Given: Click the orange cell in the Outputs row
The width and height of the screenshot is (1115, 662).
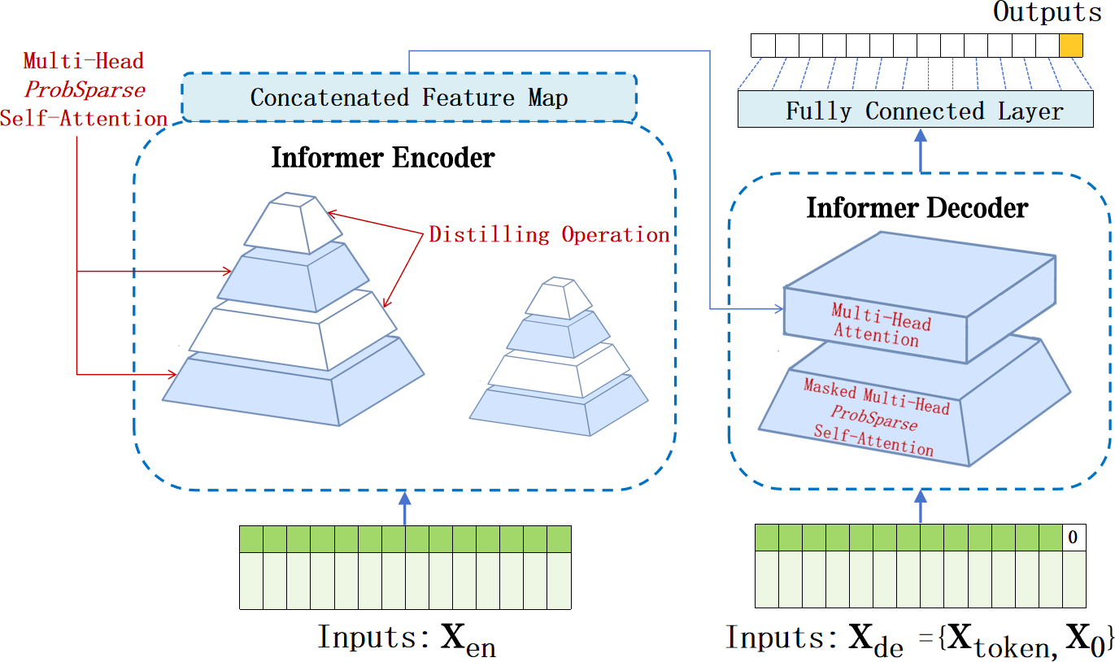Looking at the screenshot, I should tap(1072, 45).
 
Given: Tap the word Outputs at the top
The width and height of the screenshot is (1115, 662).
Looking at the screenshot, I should tap(1047, 12).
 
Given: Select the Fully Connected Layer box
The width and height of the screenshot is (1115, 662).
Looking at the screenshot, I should tap(915, 110).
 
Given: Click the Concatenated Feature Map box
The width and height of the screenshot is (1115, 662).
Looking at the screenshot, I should tap(408, 98).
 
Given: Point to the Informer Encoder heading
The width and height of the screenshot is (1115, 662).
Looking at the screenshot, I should tap(382, 157).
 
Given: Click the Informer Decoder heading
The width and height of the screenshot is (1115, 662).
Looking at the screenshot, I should tap(917, 208).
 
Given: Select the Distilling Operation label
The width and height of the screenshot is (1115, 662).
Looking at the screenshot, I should tap(549, 235).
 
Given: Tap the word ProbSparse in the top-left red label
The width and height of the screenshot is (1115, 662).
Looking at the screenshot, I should tap(85, 89).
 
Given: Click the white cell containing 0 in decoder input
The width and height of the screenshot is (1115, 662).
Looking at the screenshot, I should tap(1073, 538).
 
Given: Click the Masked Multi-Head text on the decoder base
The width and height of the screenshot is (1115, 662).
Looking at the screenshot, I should tap(876, 397).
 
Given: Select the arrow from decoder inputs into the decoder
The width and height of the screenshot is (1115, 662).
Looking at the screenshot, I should tap(921, 507).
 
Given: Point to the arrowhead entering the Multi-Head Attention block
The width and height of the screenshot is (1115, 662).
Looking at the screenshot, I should tap(777, 309).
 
